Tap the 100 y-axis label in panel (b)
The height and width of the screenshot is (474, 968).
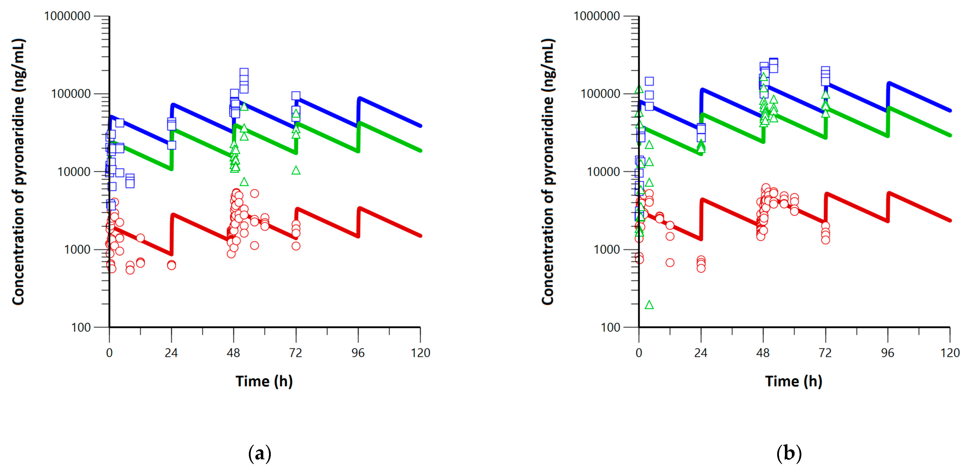[610, 327]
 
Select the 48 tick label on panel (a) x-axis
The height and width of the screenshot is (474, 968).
[233, 353]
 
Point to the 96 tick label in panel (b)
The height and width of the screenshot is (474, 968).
[888, 353]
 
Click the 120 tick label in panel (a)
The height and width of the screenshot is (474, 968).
[420, 353]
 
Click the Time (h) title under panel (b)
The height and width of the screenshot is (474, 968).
[794, 381]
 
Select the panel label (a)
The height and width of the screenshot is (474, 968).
[259, 454]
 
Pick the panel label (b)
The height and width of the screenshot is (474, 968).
[789, 454]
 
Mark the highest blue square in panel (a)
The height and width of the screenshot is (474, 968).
[244, 72]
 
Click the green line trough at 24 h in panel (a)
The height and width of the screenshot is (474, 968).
[171, 169]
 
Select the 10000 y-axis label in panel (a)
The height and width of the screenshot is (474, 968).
[74, 172]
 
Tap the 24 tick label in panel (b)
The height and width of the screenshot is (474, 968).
[701, 353]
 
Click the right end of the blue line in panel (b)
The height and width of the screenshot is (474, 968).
[950, 111]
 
